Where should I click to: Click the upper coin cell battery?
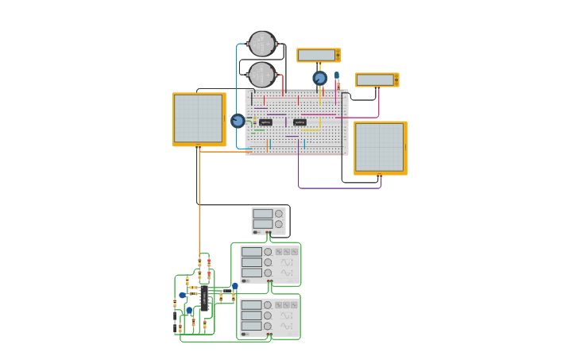(x=262, y=44)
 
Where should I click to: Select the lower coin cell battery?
(x=262, y=75)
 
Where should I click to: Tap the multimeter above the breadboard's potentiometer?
(x=318, y=55)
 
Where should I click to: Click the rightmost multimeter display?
(x=376, y=79)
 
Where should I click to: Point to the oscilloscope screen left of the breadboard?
(x=199, y=118)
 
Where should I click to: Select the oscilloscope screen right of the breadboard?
(x=380, y=147)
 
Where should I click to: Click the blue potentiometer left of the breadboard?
(x=238, y=121)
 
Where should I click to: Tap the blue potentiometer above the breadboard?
(x=319, y=78)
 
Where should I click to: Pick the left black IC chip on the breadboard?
(x=265, y=122)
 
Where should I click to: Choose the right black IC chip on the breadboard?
(x=300, y=122)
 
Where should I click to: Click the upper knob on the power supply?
(x=279, y=214)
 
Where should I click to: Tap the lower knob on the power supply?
(x=279, y=224)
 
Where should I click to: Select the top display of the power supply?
(x=262, y=214)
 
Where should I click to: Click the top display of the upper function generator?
(x=252, y=252)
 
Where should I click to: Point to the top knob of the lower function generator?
(x=268, y=305)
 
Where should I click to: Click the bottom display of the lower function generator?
(x=252, y=326)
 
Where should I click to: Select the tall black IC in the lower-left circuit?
(x=204, y=298)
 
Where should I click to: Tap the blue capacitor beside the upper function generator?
(x=235, y=286)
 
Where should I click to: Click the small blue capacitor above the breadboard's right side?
(x=337, y=76)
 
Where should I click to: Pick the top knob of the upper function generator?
(x=268, y=252)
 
